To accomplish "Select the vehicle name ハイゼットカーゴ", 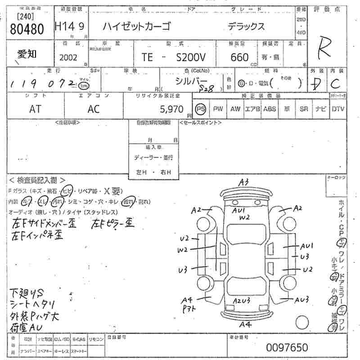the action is pos(136,27).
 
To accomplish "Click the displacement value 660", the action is pos(239,57).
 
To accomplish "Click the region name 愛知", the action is pos(27,54).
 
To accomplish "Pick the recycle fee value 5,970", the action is pos(171,108).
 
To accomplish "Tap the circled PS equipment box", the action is pos(201,108).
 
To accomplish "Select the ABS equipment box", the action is pos(270,108).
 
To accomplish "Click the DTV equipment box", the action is pos(338,108).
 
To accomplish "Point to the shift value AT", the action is pos(35,108).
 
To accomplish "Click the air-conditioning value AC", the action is pos(94,108).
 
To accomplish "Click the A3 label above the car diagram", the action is pos(244,182).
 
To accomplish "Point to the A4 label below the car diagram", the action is pos(245,324).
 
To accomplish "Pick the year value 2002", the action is pos(68,57).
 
